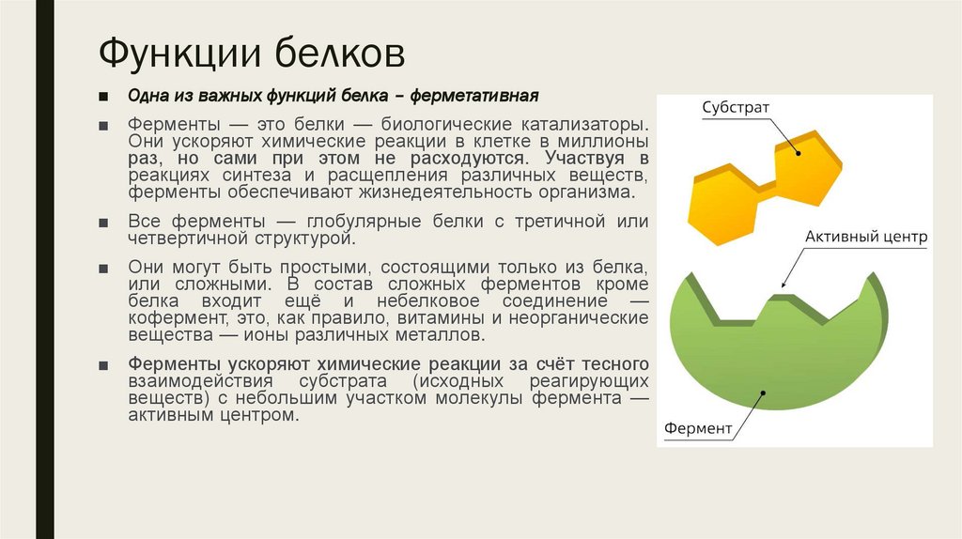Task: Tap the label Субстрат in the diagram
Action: click(736, 108)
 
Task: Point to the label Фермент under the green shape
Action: click(698, 429)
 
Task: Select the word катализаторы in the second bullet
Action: click(589, 124)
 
